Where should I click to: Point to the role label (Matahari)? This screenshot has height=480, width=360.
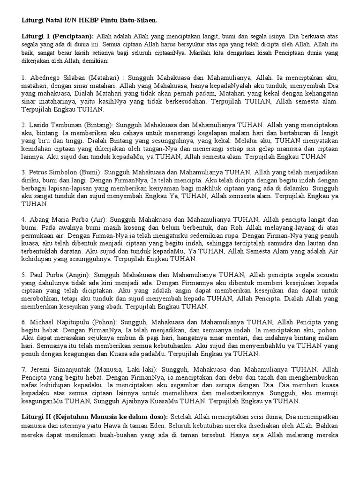tap(104, 77)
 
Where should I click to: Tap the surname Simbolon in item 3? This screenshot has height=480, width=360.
tap(67, 167)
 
